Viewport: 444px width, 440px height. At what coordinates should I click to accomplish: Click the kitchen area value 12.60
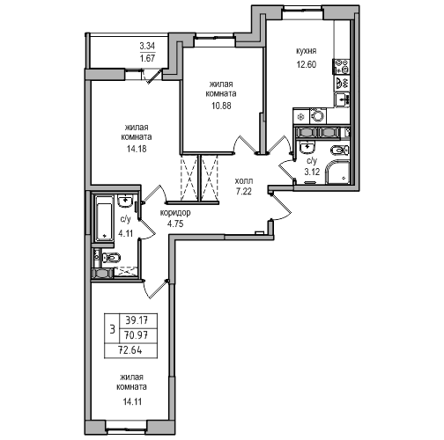pyautogui.click(x=307, y=64)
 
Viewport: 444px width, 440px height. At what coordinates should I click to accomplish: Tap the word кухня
pyautogui.click(x=306, y=51)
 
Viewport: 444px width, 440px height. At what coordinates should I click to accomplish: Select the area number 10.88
pyautogui.click(x=221, y=106)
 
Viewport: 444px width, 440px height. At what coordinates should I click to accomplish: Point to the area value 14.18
pyautogui.click(x=137, y=149)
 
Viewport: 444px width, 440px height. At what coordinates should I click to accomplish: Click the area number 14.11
pyautogui.click(x=132, y=401)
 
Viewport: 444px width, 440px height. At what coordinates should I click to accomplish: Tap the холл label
pyautogui.click(x=244, y=181)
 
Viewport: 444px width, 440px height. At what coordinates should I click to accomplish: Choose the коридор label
pyautogui.click(x=175, y=212)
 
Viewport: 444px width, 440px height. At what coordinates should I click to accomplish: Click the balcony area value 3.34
pyautogui.click(x=147, y=46)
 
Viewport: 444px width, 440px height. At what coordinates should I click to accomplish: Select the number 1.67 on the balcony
pyautogui.click(x=147, y=58)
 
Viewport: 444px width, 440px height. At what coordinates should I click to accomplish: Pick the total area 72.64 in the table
pyautogui.click(x=130, y=350)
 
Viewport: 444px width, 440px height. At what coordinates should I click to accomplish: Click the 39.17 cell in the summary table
pyautogui.click(x=137, y=320)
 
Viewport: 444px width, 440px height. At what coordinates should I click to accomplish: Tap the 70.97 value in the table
pyautogui.click(x=137, y=334)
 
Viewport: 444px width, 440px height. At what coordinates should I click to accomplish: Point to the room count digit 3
pyautogui.click(x=112, y=329)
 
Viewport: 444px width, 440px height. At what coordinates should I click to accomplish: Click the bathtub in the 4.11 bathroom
pyautogui.click(x=104, y=218)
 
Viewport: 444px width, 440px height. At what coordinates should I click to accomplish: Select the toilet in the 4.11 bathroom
pyautogui.click(x=111, y=258)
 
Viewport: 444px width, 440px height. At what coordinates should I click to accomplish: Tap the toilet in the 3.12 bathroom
pyautogui.click(x=340, y=150)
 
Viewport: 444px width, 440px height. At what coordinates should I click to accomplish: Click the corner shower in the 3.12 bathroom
pyautogui.click(x=337, y=172)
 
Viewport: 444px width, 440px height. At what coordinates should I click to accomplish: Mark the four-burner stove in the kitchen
pyautogui.click(x=341, y=66)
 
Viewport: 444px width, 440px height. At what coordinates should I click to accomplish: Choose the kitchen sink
pyautogui.click(x=342, y=99)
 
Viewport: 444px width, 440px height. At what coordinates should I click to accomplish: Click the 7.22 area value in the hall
pyautogui.click(x=244, y=192)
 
